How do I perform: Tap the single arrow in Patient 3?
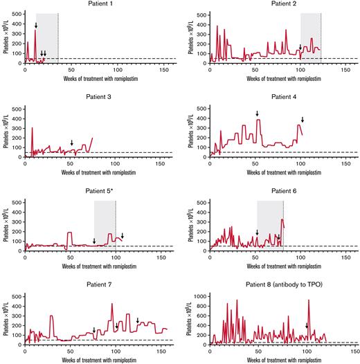[71, 143]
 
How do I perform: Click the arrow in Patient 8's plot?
[307, 326]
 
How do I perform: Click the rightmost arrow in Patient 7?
[138, 320]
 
